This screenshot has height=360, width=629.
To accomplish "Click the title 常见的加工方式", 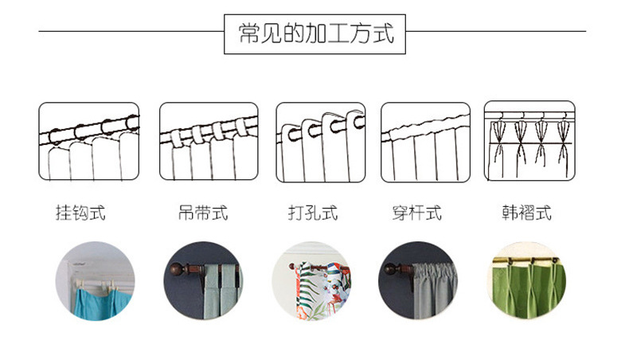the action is coord(316,34).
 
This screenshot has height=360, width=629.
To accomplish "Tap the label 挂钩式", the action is coord(80,213).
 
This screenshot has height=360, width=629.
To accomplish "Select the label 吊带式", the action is coord(202,213).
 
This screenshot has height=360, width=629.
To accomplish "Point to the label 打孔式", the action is coord(312,213).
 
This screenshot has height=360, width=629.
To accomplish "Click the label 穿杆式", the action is coord(416,213).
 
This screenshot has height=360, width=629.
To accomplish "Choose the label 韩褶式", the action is coord(526,213).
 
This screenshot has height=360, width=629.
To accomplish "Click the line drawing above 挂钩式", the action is coord(88,142).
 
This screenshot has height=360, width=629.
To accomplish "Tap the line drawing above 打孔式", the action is coord(320,142).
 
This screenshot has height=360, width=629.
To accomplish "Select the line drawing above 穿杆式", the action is coord(425,142).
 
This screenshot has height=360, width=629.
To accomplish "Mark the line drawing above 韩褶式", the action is coord(529,142).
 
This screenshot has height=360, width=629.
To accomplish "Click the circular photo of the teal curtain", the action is coord(95,281).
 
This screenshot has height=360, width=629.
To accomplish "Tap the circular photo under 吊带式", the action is coord(204,281).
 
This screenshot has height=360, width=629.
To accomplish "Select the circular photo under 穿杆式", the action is coord(417,281).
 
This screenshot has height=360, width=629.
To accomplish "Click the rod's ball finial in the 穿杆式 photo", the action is coord(391,269).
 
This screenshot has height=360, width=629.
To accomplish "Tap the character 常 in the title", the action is coord(249,34).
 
